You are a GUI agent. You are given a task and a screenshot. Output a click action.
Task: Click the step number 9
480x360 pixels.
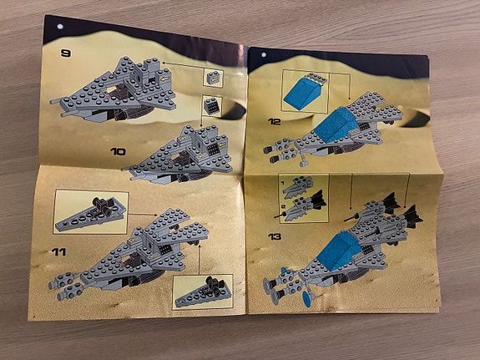pyautogui.click(x=65, y=53)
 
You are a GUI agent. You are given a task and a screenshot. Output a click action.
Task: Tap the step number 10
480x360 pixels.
pyautogui.click(x=119, y=151)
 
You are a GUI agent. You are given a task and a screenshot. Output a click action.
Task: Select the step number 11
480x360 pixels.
pyautogui.click(x=58, y=252)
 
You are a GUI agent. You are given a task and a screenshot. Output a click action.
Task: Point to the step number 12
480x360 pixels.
pyautogui.click(x=274, y=122)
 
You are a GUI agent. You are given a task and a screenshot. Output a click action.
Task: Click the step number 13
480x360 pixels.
pyautogui.click(x=275, y=236)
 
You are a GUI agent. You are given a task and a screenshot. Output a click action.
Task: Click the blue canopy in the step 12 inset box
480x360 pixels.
pyautogui.click(x=303, y=92)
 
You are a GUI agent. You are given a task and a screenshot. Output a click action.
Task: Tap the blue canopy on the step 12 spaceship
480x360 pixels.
pyautogui.click(x=336, y=124)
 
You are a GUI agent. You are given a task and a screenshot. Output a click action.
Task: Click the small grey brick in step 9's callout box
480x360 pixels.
pyautogui.click(x=214, y=79)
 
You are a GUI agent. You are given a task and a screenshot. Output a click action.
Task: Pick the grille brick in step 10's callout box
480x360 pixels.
pyautogui.click(x=211, y=106)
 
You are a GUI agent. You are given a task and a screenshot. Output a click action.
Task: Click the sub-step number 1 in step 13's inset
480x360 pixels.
pyautogui.click(x=282, y=183)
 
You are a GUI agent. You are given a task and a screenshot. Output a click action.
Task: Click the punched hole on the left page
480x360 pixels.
pyautogui.click(x=60, y=27)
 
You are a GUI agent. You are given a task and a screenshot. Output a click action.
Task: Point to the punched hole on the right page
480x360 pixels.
pyautogui.click(x=264, y=55)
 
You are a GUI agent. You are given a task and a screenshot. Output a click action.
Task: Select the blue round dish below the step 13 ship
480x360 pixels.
pyautogui.click(x=306, y=299)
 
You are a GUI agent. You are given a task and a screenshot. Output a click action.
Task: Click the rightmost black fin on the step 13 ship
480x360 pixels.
pyautogui.click(x=413, y=216)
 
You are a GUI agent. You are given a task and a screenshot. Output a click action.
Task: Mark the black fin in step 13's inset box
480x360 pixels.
pyautogui.click(x=318, y=199)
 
